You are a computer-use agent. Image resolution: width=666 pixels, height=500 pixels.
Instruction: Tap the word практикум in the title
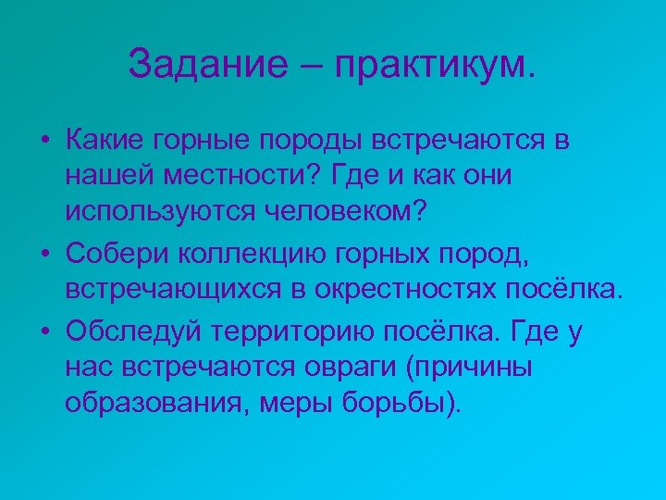[435, 64]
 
